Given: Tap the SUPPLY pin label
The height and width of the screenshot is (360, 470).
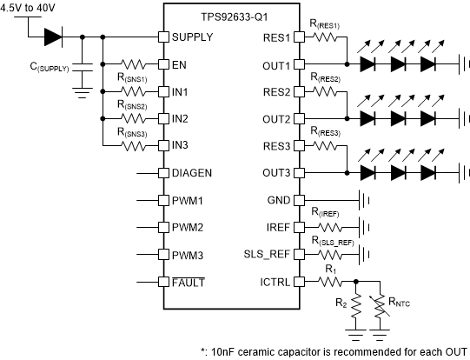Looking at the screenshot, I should point(193,37).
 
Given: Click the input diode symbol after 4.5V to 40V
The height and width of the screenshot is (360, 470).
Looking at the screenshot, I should point(53,37).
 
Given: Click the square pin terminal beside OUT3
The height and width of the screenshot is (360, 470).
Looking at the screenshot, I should point(301,172).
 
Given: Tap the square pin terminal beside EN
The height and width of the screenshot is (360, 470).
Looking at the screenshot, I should point(162,64).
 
